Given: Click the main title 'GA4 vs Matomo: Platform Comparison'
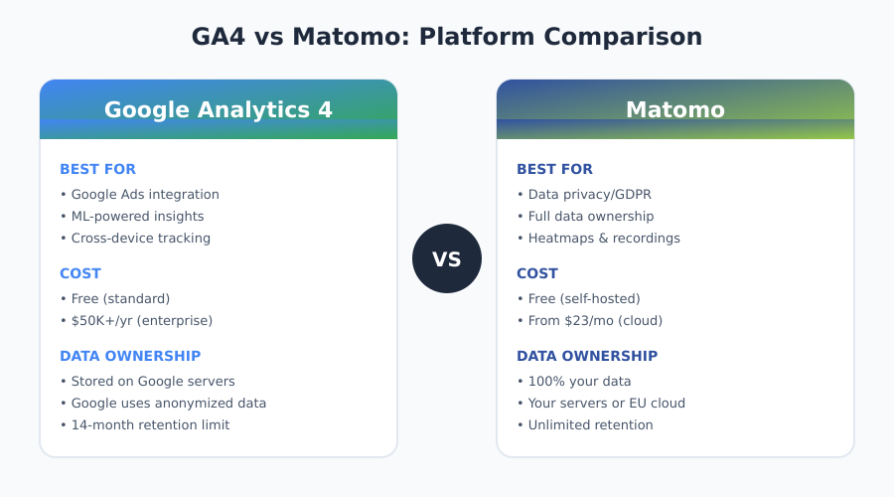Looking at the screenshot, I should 446,37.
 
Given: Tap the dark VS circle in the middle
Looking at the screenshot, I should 447,258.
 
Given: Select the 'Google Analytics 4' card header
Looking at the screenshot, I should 219,109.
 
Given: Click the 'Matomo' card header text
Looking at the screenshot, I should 675,109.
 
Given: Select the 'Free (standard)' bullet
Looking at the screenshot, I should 115,299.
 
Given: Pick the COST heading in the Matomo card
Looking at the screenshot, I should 537,273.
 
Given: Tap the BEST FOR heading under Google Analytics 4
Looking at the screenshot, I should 97,169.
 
